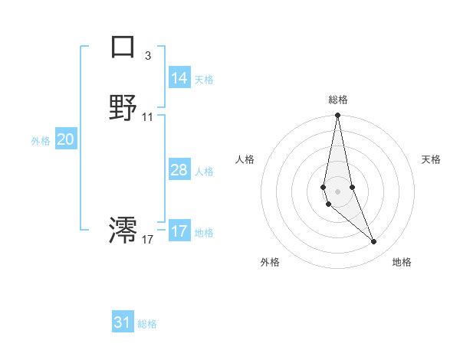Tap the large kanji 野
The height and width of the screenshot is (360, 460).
coord(123,107)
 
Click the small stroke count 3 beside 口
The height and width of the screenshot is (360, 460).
coord(147,55)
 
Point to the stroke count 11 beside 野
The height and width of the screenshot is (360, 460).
coord(148,117)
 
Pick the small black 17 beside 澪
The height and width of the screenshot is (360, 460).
coord(148,240)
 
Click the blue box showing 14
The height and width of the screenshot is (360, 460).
coord(179,77)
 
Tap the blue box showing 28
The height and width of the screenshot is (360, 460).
coord(179,170)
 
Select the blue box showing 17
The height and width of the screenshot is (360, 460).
coord(179,231)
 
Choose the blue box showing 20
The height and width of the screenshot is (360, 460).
coord(66,139)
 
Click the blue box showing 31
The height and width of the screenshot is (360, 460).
coord(123,322)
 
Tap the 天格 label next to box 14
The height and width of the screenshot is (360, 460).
coord(204,79)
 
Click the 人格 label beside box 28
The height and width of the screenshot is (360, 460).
coord(204,172)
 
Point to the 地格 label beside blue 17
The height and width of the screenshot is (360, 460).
coord(204,233)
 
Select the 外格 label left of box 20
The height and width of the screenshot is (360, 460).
coord(41,141)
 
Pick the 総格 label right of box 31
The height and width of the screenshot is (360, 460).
coord(147,324)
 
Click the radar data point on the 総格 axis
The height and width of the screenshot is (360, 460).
coord(337,116)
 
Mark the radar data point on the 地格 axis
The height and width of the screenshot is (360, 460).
coord(374,242)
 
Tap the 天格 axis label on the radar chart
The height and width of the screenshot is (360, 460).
coord(431,159)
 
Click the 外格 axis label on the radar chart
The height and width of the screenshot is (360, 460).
coord(270,262)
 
